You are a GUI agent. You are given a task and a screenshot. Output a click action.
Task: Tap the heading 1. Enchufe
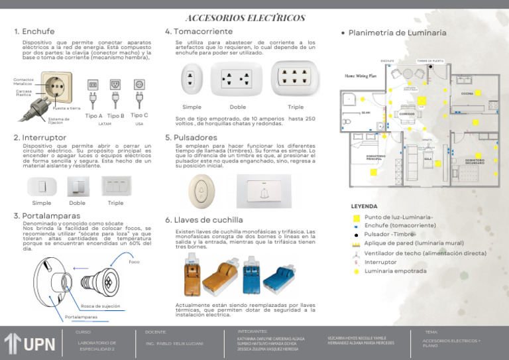point(35,31)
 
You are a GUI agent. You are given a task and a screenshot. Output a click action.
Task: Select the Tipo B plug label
point(116,116)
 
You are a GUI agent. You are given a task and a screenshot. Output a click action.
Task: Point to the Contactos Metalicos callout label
point(23,82)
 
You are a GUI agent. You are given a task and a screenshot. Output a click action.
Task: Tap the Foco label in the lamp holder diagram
point(134,262)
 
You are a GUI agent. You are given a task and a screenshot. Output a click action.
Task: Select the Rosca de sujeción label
point(100,306)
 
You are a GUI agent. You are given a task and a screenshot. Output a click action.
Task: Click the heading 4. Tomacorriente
point(198,31)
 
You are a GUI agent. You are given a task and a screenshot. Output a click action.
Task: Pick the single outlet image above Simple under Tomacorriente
point(192,80)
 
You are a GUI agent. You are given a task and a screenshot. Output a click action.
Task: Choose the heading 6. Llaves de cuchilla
point(203,219)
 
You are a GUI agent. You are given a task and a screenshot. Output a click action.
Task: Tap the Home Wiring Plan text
point(360,76)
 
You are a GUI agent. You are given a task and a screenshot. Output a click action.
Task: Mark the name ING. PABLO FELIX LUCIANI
point(174,343)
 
